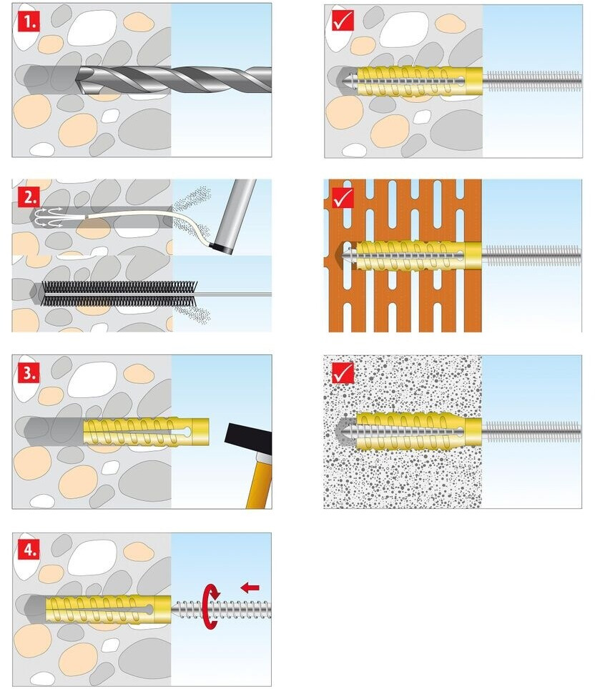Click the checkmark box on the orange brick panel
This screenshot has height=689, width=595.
pos(343,197)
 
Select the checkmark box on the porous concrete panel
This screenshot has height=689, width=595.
pos(343,373)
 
